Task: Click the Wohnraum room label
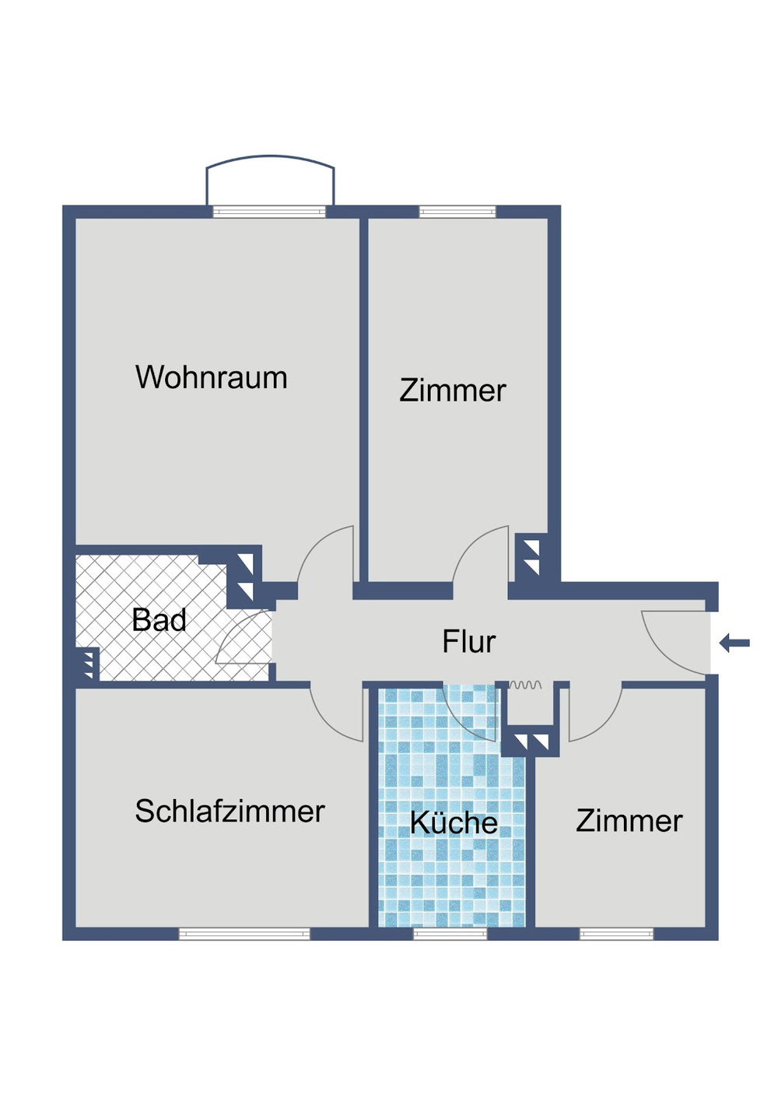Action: (x=212, y=378)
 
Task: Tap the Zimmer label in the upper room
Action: (x=452, y=391)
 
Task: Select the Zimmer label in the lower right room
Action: (x=629, y=821)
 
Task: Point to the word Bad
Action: (x=159, y=621)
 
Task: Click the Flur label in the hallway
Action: (x=468, y=642)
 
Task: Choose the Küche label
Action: (x=454, y=823)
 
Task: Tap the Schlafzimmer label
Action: (x=230, y=812)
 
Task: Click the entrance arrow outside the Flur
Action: (x=734, y=643)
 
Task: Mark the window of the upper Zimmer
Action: (x=457, y=212)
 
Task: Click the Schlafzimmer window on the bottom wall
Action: (x=244, y=934)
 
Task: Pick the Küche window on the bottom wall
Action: (x=450, y=934)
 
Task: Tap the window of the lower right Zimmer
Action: (x=617, y=934)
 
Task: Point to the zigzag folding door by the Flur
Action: (x=525, y=685)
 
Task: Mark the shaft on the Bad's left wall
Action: (x=86, y=664)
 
